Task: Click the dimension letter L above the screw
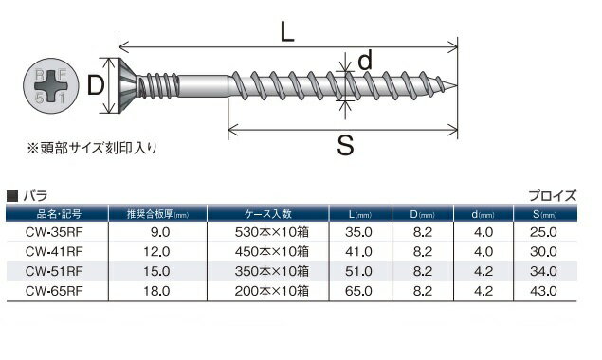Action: click(287, 31)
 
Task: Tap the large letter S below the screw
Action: click(345, 146)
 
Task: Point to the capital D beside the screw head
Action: click(96, 85)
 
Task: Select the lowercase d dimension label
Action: click(365, 61)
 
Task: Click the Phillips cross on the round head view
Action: click(51, 86)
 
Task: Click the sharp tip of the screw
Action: click(457, 85)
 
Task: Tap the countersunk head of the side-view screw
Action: click(127, 85)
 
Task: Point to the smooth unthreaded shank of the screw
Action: click(204, 85)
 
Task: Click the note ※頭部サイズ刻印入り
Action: click(92, 148)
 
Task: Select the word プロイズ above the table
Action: click(553, 196)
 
